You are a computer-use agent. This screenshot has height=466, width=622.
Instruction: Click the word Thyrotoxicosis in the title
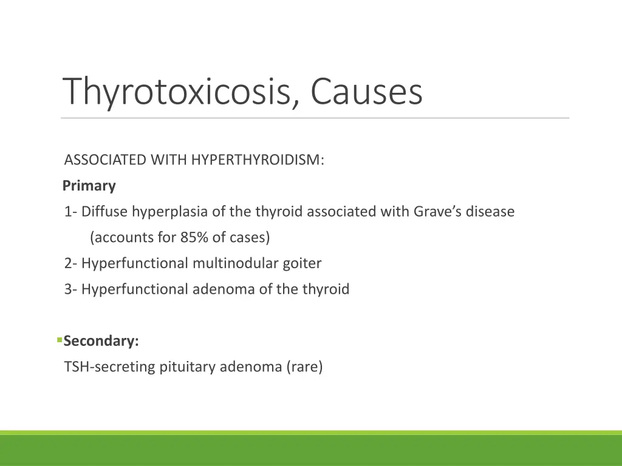180,92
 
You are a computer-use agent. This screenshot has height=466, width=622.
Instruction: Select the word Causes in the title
366,92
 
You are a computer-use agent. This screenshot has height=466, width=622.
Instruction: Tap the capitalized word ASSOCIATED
106,160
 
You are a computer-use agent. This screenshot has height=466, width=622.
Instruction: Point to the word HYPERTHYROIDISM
258,160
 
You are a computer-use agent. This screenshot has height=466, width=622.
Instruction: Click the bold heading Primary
89,186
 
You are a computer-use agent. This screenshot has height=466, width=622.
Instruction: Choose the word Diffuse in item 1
105,212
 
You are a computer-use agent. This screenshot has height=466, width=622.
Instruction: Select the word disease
490,212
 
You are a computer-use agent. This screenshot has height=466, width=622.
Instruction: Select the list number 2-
71,263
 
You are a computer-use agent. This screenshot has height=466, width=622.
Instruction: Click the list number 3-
71,289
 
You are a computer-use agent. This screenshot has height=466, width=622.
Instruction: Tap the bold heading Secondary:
101,341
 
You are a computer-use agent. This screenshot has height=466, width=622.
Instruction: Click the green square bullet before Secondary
60,340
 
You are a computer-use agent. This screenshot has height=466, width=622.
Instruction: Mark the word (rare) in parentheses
305,367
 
